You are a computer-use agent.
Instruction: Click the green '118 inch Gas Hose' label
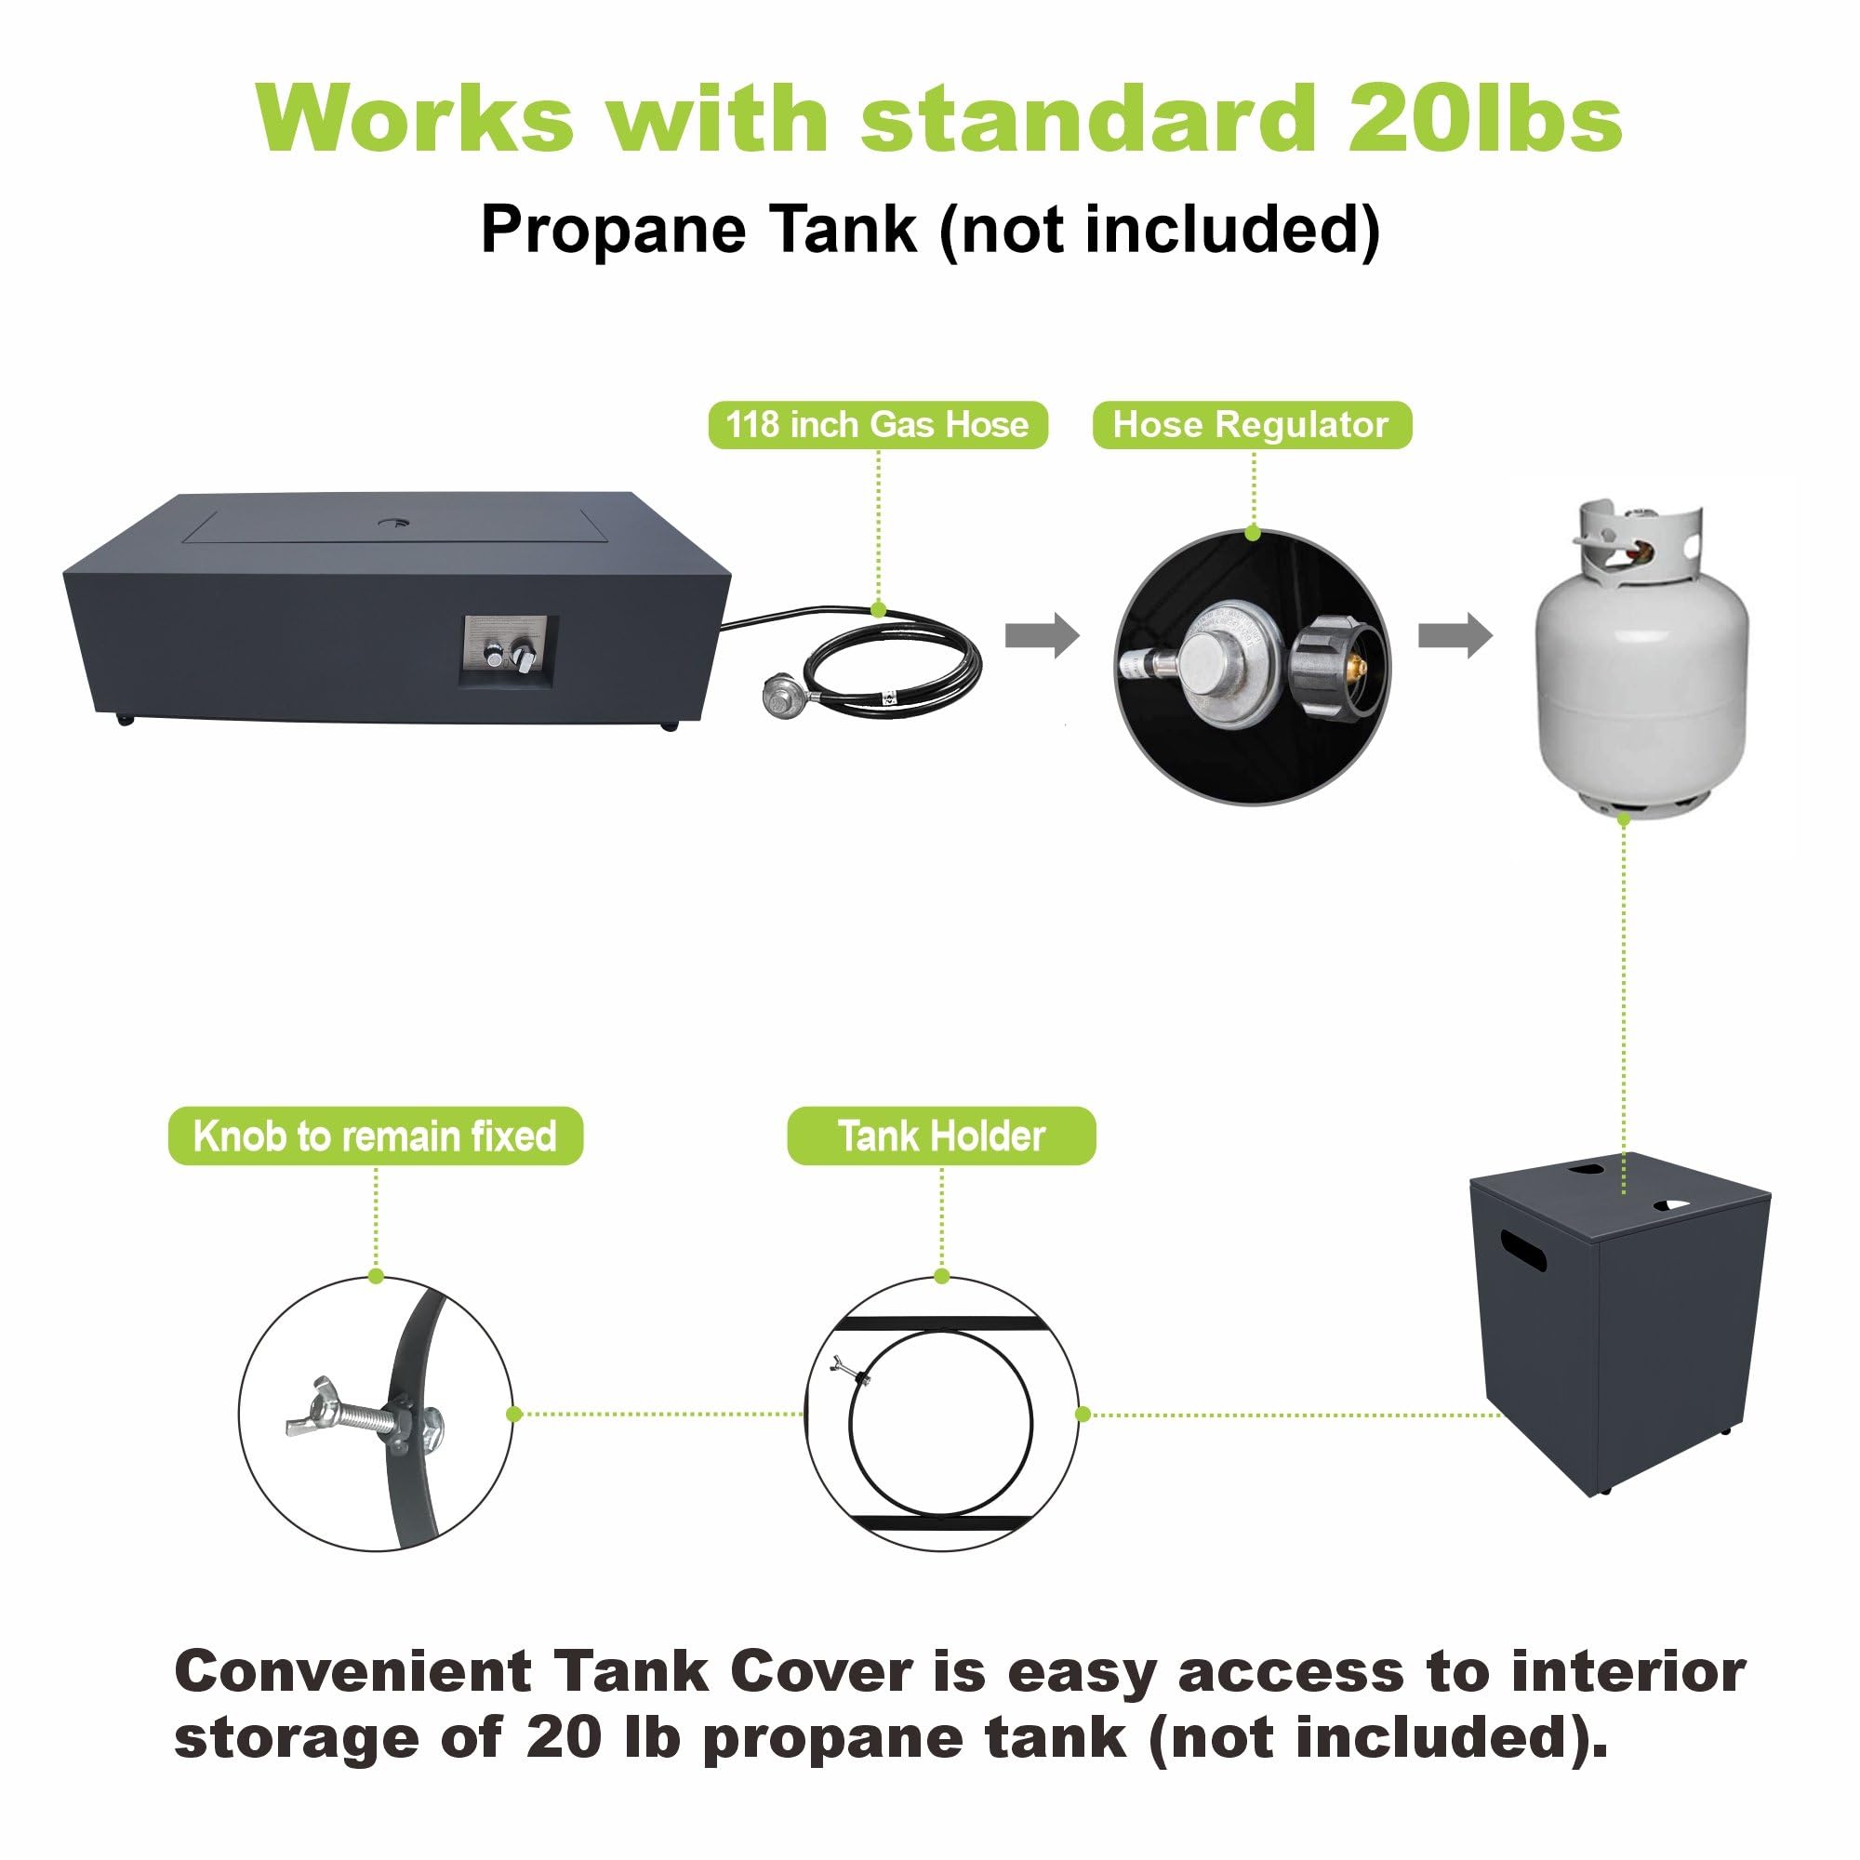click(877, 425)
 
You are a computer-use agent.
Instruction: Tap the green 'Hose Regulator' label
click(1252, 425)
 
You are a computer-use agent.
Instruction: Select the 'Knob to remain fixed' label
click(376, 1136)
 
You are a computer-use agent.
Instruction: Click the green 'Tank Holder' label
click(941, 1136)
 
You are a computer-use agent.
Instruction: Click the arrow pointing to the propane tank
click(1455, 635)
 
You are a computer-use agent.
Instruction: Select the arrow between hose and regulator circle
click(1043, 635)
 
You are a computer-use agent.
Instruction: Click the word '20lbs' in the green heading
click(1484, 118)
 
